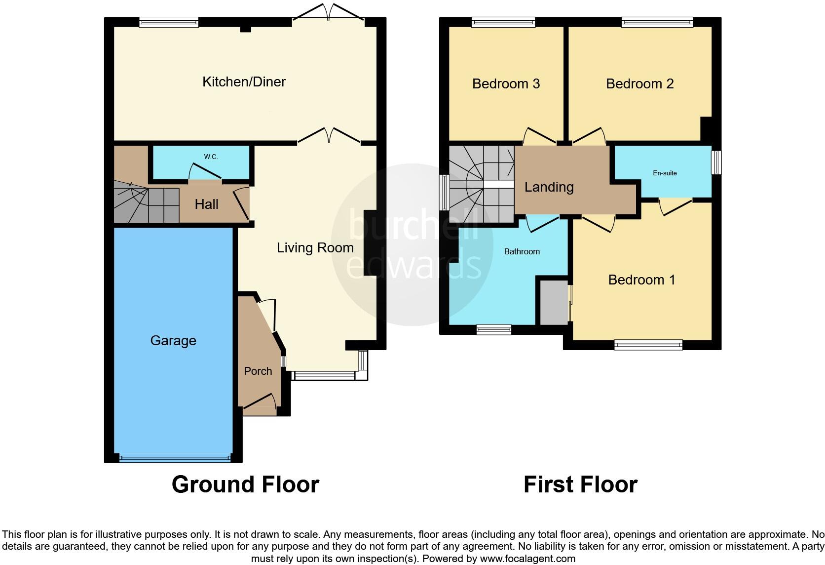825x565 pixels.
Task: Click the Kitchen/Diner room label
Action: pos(244,81)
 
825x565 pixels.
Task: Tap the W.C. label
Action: pos(211,157)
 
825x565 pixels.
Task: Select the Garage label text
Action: pos(173,341)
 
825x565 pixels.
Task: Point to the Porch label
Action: pos(258,371)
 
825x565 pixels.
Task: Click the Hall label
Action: pos(206,204)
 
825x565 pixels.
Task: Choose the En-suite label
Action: pos(665,173)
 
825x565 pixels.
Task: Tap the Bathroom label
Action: pos(522,251)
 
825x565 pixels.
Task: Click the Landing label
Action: pos(549,187)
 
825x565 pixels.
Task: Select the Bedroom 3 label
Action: pos(506,84)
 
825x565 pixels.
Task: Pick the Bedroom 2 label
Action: pos(639,84)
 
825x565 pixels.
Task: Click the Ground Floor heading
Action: pos(245,484)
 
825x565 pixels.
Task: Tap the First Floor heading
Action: pos(580,484)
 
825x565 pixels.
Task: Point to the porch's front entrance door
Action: pos(260,401)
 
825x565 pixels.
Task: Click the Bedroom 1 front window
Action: pos(648,345)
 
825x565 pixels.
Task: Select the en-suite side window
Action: pos(716,162)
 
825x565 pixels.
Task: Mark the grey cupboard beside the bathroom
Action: pos(554,302)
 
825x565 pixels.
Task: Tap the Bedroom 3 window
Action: pos(503,22)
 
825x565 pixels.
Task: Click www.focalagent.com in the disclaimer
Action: pos(527,559)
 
